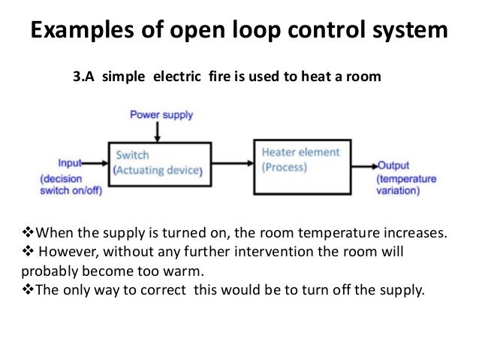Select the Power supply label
tap(161, 115)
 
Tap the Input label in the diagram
tap(71, 162)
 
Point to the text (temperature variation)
tap(405, 185)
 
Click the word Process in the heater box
tap(285, 168)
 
